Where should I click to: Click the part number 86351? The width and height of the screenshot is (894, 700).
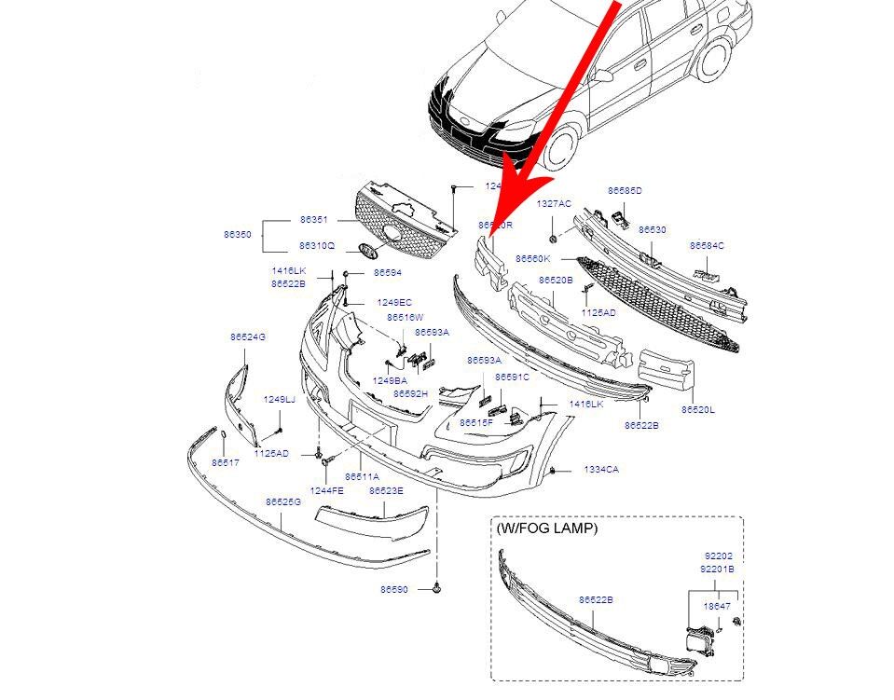click(313, 220)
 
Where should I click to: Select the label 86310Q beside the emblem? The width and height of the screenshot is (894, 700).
click(317, 246)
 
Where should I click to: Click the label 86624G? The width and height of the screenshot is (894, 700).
click(248, 336)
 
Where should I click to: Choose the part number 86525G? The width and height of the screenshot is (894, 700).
click(282, 501)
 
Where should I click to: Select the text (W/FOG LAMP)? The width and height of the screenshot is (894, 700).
click(547, 528)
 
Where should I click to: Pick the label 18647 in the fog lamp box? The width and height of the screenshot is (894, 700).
click(717, 605)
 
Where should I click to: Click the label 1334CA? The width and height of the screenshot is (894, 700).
click(600, 470)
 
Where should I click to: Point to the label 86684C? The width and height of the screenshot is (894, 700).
click(707, 245)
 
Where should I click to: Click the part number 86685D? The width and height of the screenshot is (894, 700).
click(625, 190)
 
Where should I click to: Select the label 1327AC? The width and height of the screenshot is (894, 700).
click(554, 203)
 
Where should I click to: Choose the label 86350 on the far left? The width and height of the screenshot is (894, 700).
click(237, 235)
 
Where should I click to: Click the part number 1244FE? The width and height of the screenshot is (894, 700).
click(326, 489)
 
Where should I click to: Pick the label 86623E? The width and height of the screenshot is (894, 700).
click(386, 489)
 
